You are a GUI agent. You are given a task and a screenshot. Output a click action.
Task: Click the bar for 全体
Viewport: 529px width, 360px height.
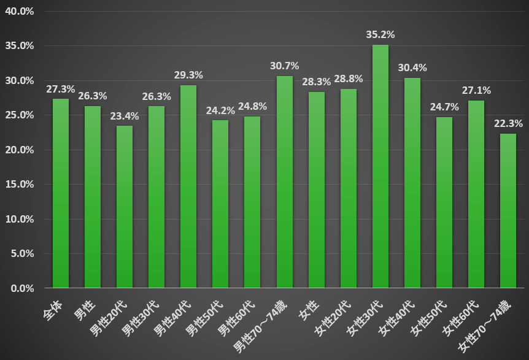pyautogui.click(x=61, y=193)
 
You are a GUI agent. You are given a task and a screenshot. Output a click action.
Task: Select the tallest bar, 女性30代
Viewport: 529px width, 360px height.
pyautogui.click(x=380, y=166)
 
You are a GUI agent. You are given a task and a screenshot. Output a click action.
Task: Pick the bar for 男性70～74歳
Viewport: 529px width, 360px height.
pyautogui.click(x=284, y=182)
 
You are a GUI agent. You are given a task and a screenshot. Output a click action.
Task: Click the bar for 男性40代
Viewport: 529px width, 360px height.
pyautogui.click(x=188, y=186)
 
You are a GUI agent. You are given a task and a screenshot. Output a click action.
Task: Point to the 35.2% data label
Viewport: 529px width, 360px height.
pyautogui.click(x=380, y=34)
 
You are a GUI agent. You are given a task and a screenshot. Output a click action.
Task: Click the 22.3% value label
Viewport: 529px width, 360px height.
pyautogui.click(x=508, y=123)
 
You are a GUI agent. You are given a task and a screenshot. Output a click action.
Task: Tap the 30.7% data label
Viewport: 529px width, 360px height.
pyautogui.click(x=284, y=66)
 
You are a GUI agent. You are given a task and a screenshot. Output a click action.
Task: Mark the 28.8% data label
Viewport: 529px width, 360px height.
pyautogui.click(x=348, y=79)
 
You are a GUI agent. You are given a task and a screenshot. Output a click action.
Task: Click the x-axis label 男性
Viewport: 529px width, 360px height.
pyautogui.click(x=87, y=305)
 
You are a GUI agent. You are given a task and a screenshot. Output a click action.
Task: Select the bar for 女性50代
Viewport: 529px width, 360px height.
pyautogui.click(x=444, y=202)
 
